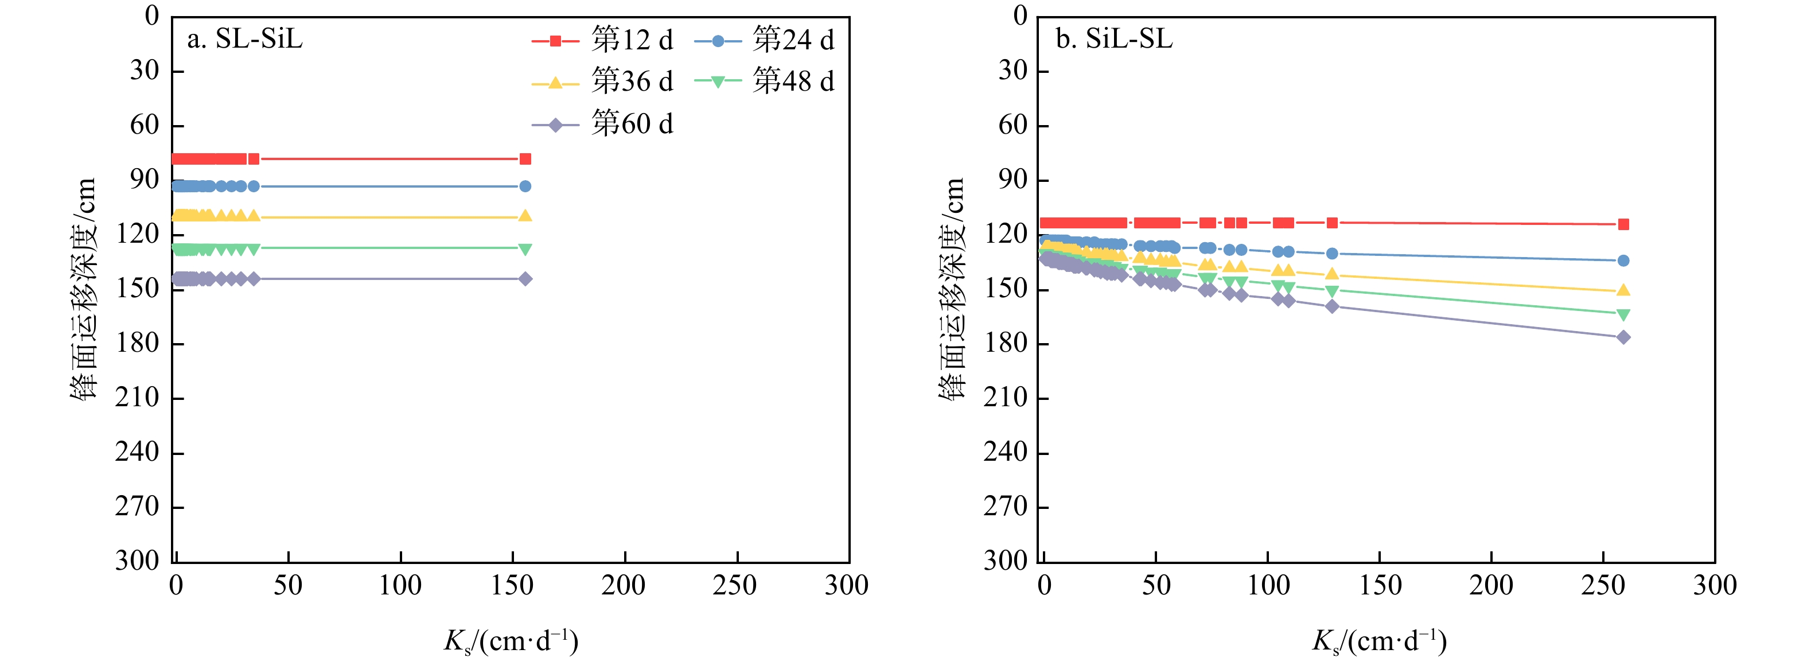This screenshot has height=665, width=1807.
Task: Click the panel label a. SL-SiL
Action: (245, 39)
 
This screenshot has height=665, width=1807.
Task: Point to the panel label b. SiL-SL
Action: (1114, 39)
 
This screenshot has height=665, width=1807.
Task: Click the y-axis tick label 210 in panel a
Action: (138, 398)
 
